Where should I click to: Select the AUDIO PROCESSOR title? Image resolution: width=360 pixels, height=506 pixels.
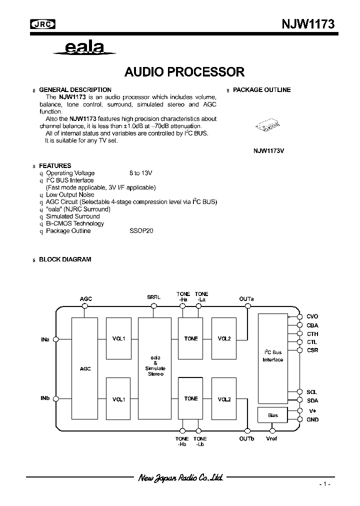point(184,71)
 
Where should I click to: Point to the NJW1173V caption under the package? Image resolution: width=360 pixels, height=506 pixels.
point(272,150)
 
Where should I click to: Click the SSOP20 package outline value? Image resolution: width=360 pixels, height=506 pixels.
point(141,231)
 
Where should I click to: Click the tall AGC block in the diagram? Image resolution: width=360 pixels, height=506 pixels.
point(85,368)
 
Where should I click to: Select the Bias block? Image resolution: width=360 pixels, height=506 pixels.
point(272,415)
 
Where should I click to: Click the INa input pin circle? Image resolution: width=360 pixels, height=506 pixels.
point(55,339)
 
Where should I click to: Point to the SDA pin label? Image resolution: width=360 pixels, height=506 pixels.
point(312,400)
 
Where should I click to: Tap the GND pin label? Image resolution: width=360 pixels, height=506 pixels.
point(312,420)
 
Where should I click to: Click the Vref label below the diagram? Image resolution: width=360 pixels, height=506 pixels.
point(272,438)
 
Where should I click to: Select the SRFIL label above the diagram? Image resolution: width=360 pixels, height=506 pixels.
point(153,297)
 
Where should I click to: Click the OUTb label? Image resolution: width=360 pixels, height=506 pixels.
point(246,438)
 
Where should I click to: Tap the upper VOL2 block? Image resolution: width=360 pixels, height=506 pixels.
point(224,338)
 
